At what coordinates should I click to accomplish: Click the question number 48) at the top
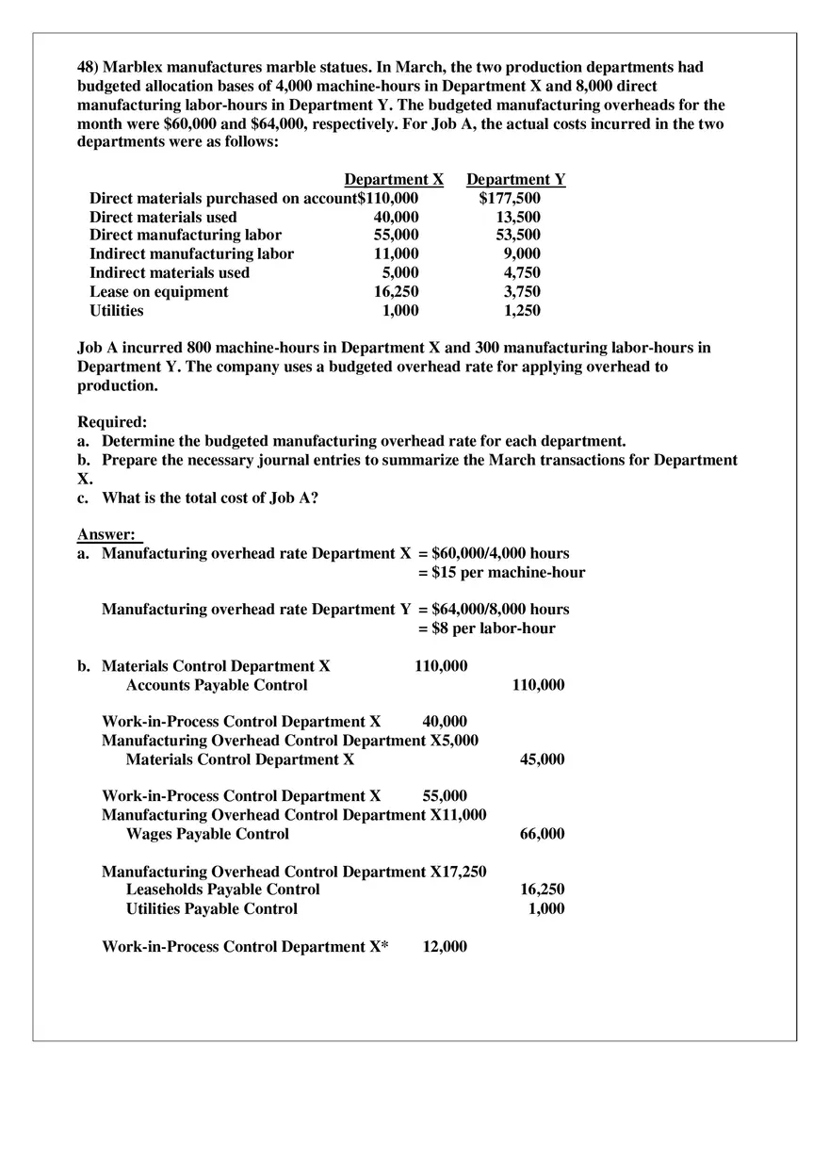pyautogui.click(x=88, y=68)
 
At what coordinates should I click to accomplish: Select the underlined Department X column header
pyautogui.click(x=394, y=179)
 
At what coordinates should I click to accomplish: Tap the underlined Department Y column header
pyautogui.click(x=516, y=179)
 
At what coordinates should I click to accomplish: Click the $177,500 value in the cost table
pyautogui.click(x=510, y=198)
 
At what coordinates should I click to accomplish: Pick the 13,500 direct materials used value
pyautogui.click(x=518, y=217)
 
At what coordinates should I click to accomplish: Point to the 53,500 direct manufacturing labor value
pyautogui.click(x=518, y=236)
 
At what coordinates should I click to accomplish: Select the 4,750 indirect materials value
pyautogui.click(x=522, y=272)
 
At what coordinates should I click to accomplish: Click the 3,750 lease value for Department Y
pyautogui.click(x=522, y=291)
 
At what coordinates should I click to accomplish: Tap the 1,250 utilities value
pyautogui.click(x=522, y=310)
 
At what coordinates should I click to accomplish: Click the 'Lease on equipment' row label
pyautogui.click(x=158, y=291)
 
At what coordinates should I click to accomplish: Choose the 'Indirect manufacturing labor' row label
pyautogui.click(x=191, y=253)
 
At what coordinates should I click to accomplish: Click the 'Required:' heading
pyautogui.click(x=112, y=422)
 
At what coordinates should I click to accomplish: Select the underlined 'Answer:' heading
pyautogui.click(x=106, y=535)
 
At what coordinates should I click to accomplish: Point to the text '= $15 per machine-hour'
pyautogui.click(x=501, y=572)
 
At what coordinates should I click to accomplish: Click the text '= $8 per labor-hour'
pyautogui.click(x=487, y=628)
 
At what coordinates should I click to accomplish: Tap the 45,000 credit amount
pyautogui.click(x=542, y=759)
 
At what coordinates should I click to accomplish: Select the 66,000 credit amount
pyautogui.click(x=542, y=834)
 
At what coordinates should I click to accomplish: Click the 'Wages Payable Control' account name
pyautogui.click(x=207, y=834)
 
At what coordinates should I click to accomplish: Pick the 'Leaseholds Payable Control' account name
pyautogui.click(x=222, y=889)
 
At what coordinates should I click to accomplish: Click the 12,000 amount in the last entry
pyautogui.click(x=444, y=946)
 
